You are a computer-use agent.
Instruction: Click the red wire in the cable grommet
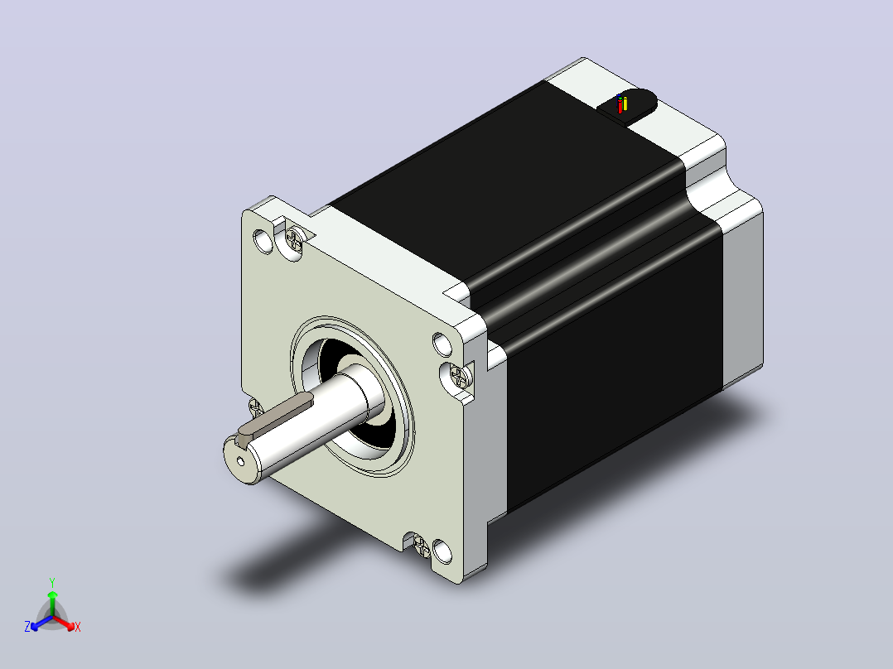coord(620,106)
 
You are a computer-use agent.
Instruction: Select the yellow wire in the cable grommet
coord(625,104)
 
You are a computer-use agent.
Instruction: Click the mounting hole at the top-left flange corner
coord(263,242)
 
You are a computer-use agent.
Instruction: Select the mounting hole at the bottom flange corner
coord(442,551)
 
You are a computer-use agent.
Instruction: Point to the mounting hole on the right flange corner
coord(442,344)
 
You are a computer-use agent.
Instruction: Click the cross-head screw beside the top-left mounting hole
coord(294,239)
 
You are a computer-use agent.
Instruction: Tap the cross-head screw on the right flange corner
coord(459,376)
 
